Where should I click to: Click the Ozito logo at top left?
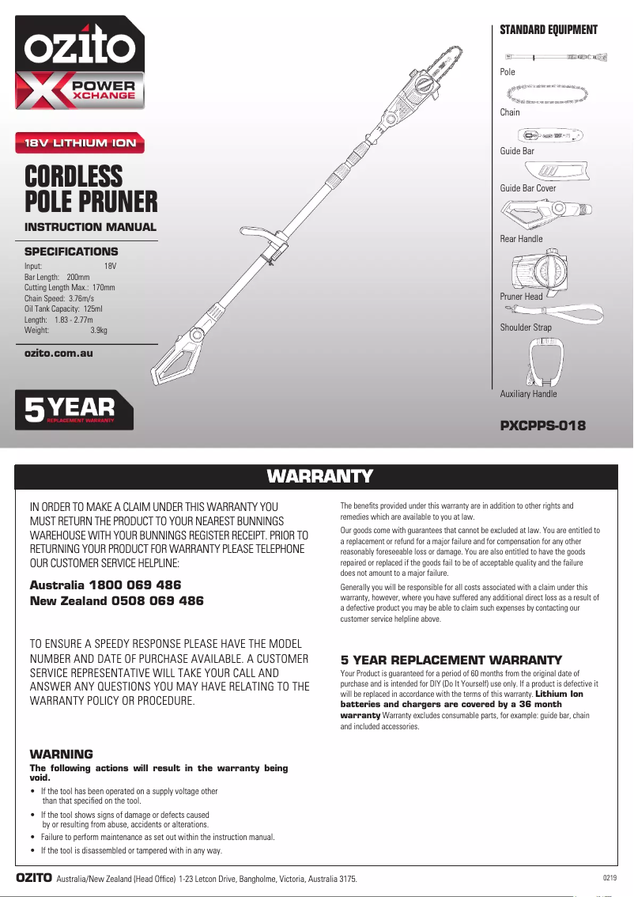tap(79, 49)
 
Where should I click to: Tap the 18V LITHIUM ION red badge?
tap(81, 143)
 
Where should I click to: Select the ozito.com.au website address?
tap(58, 353)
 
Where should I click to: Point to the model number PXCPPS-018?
tap(542, 426)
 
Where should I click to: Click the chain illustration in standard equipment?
tap(553, 94)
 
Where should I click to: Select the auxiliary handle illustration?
tap(545, 363)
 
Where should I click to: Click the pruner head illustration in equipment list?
tap(540, 271)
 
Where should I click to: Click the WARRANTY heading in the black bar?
tap(319, 476)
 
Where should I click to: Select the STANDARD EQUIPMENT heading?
tap(548, 30)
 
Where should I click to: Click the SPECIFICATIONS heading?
tap(71, 252)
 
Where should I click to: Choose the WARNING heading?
tap(61, 754)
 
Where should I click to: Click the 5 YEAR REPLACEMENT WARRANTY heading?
tap(451, 660)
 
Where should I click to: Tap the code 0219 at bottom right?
tap(609, 878)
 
